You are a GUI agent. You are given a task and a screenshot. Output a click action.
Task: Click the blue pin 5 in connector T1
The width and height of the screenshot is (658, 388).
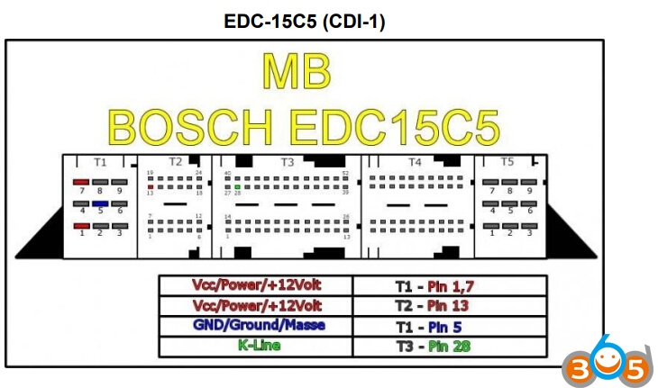tap(101, 203)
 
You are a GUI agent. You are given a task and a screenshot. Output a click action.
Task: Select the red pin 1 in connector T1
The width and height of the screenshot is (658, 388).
tap(82, 225)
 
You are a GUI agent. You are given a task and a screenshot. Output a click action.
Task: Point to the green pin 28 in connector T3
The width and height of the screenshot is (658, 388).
tap(237, 186)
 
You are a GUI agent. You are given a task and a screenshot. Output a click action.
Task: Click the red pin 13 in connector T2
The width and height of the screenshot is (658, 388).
tap(150, 186)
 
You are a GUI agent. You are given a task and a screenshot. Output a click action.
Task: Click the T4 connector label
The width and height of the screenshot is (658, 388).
tap(415, 162)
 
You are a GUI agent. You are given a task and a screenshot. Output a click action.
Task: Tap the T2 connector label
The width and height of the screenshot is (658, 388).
tap(175, 162)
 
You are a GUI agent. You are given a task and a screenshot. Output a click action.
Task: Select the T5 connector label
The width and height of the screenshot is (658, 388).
tap(507, 162)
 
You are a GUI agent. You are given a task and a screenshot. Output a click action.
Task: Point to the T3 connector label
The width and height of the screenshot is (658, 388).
tap(287, 162)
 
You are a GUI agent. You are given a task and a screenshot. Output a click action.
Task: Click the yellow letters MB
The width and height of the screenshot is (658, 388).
tap(296, 74)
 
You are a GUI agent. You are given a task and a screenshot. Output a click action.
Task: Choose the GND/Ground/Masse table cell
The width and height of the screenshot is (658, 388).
tap(259, 325)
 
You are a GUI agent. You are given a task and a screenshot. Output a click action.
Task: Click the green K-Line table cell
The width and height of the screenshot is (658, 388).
tap(259, 345)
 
